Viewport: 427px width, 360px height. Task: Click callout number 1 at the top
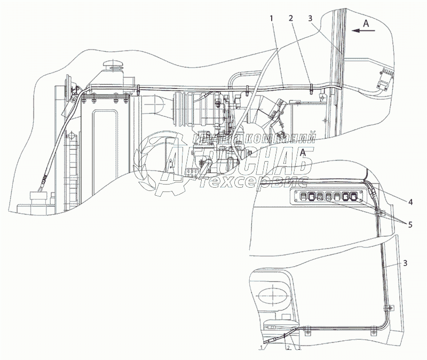coord(272,18)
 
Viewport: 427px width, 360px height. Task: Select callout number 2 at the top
coord(291,18)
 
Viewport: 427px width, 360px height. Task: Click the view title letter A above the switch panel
coord(304,153)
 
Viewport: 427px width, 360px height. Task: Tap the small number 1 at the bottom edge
coord(262,347)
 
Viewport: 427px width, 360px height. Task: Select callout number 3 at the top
coord(311,18)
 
